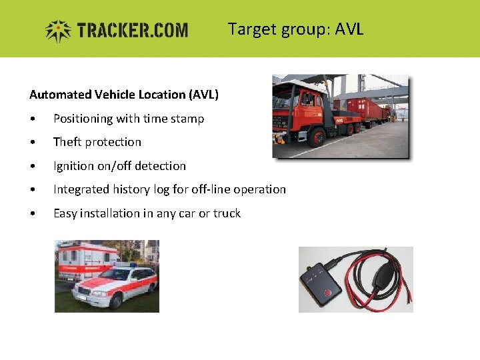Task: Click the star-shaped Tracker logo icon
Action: tap(59, 31)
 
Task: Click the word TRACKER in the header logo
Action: tap(109, 31)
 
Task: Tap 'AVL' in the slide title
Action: tap(349, 29)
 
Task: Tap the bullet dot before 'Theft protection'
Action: tap(33, 143)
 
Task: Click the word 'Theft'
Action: tap(67, 142)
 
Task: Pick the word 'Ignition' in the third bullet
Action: tap(74, 166)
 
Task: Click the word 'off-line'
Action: tap(210, 189)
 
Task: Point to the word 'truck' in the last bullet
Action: tap(227, 213)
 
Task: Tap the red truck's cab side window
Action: tap(307, 101)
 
